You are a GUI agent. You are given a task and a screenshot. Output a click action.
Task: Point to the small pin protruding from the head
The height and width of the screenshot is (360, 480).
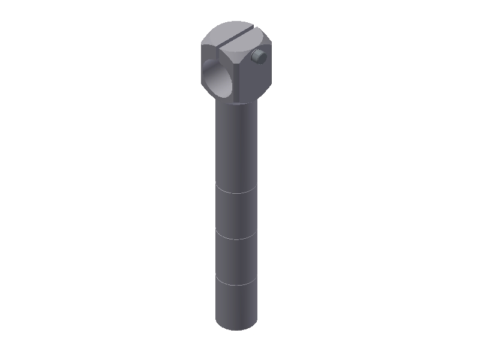[259, 57]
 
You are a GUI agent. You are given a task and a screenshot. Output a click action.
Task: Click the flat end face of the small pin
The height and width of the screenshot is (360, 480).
[261, 57]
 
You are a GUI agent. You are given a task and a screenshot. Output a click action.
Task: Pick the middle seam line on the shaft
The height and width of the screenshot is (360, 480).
[237, 238]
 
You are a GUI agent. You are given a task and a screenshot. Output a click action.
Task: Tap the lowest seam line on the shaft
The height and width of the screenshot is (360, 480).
[237, 283]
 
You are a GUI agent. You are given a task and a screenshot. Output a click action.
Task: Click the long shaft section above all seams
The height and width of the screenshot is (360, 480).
[237, 144]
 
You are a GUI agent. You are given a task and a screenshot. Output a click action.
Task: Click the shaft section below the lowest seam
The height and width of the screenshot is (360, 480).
[237, 303]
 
